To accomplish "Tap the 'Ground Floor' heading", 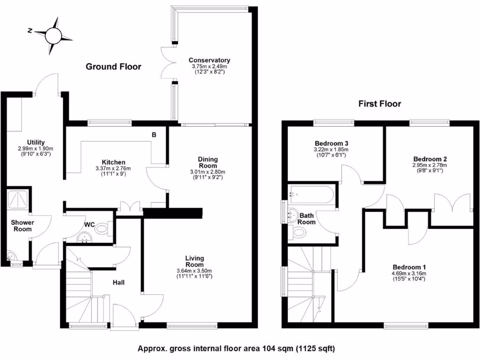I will (x=113, y=67).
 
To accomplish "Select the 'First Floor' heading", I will (x=380, y=104).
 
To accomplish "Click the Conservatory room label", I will (x=209, y=60).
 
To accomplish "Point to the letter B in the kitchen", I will (x=154, y=135).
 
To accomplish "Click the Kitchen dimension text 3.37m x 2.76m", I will (x=112, y=168).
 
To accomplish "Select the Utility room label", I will (x=36, y=142).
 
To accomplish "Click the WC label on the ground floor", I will (x=90, y=225).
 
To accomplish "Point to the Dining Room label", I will (x=208, y=162).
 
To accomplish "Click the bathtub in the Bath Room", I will (x=312, y=193).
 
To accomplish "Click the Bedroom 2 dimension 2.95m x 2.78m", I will (x=429, y=165).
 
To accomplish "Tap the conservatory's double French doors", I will (x=167, y=63).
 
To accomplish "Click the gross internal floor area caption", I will (x=236, y=348).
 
